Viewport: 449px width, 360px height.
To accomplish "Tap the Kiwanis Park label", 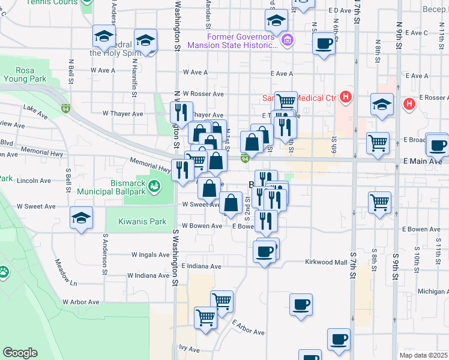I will pyautogui.click(x=142, y=221).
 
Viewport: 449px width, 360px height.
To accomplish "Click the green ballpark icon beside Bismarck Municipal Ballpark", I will pyautogui.click(x=155, y=187).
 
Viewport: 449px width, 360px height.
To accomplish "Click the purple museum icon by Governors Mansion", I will pyautogui.click(x=288, y=40).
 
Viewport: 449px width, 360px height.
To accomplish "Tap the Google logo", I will pyautogui.click(x=20, y=353).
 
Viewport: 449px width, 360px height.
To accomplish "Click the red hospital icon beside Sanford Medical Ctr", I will pyautogui.click(x=346, y=97).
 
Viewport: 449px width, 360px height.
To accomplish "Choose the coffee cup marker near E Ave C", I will pyautogui.click(x=324, y=44).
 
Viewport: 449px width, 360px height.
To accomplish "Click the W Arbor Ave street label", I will pyautogui.click(x=80, y=302).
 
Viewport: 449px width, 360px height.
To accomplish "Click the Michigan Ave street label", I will pyautogui.click(x=433, y=291).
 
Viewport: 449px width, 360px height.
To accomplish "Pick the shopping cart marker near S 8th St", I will pyautogui.click(x=380, y=203).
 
